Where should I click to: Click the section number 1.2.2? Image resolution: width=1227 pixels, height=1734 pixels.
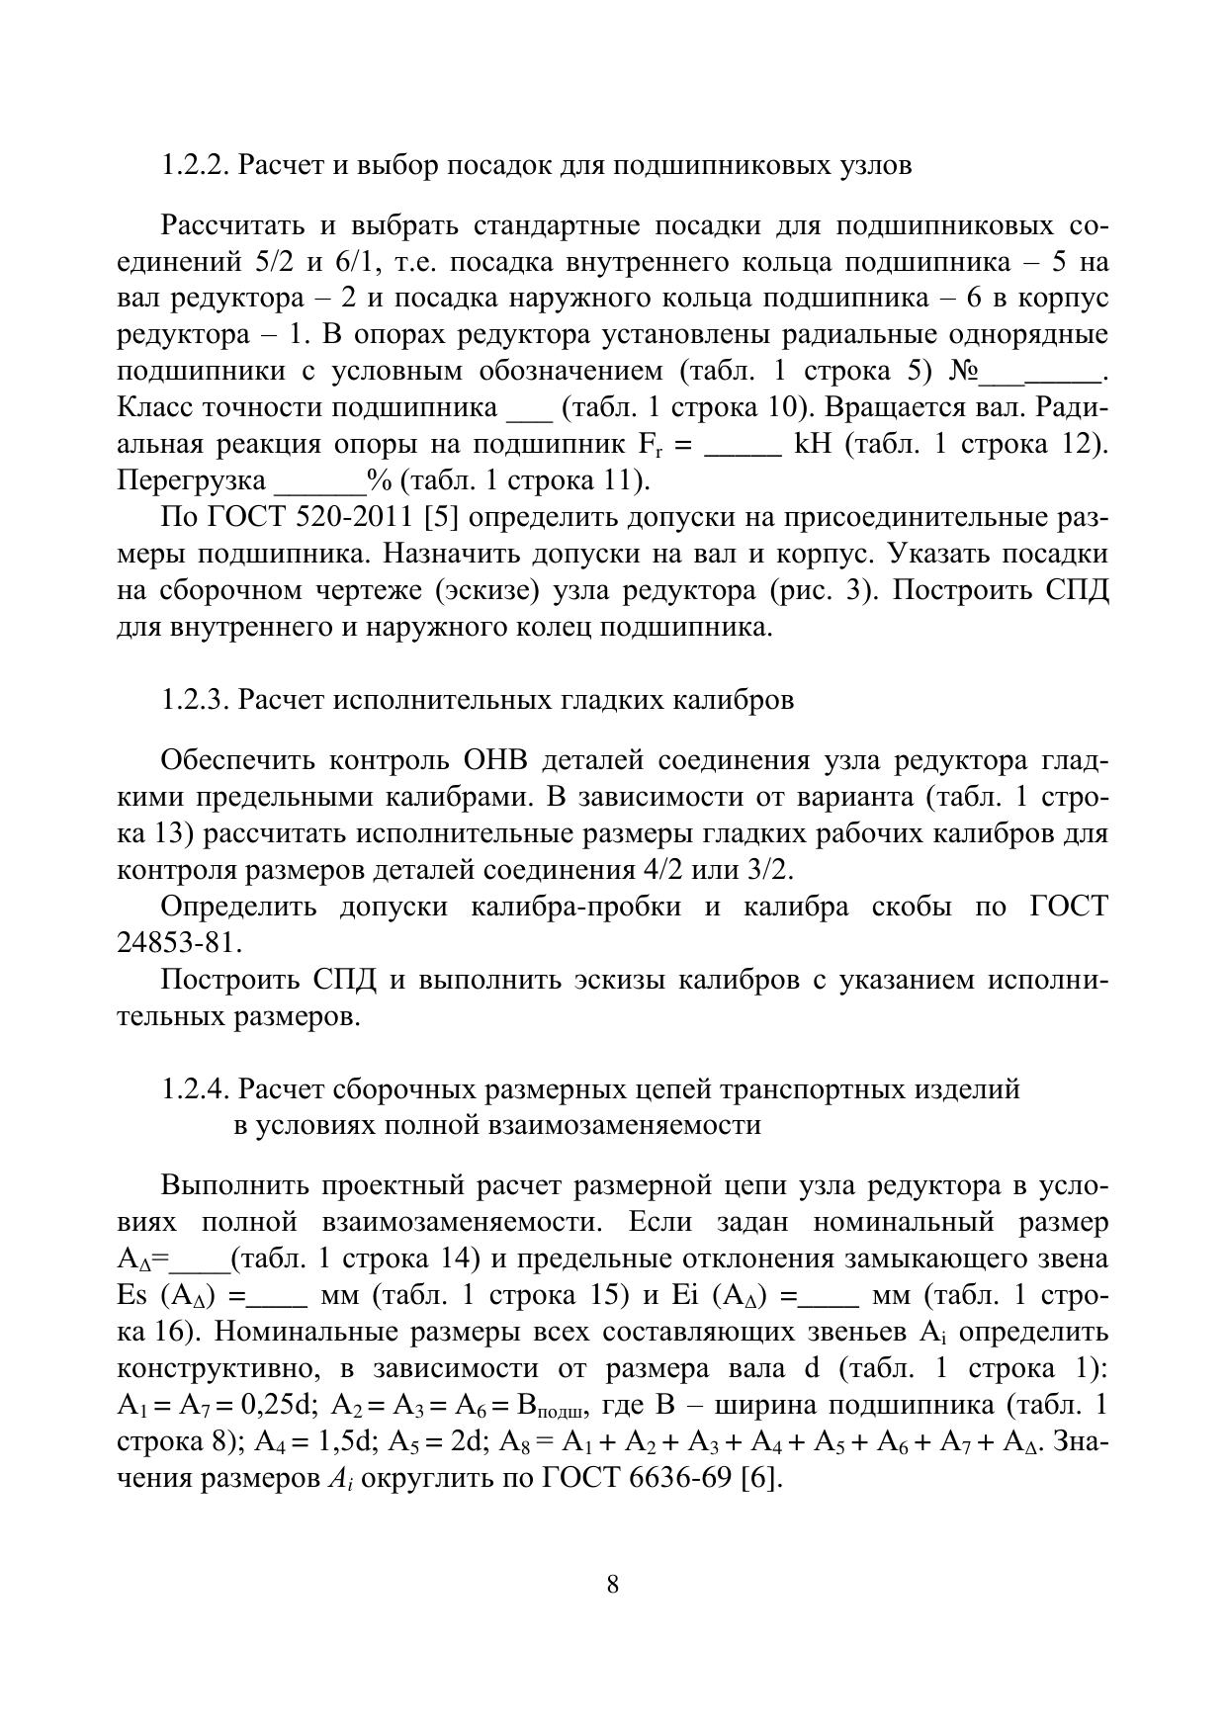point(196,165)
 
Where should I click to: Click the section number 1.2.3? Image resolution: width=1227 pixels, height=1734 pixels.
point(196,700)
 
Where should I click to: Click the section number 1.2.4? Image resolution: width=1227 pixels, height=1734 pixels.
point(196,1089)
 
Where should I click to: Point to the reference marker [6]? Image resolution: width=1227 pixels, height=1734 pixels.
point(763,1479)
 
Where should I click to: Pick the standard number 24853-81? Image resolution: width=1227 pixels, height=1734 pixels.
point(179,943)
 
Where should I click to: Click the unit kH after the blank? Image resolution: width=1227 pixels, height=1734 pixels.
point(814,445)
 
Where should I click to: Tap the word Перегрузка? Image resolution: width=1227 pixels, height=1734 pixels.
point(192,481)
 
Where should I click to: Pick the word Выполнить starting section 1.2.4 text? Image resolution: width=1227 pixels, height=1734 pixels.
point(233,1186)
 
